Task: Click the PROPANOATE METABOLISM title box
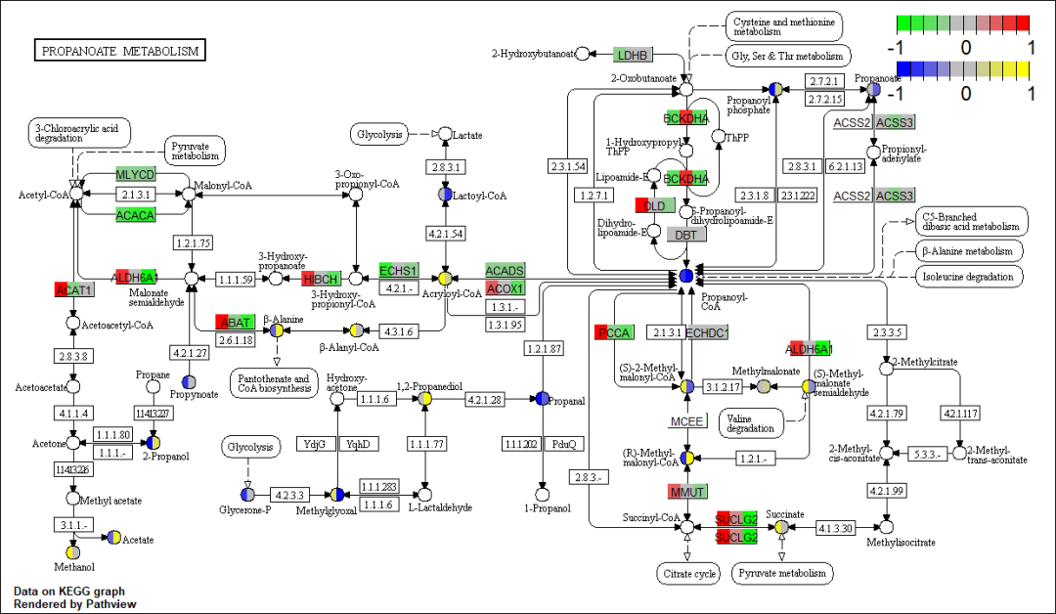[120, 51]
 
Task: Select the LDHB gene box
[633, 54]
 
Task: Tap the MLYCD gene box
[135, 174]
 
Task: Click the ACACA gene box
[135, 215]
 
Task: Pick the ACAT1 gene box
[73, 290]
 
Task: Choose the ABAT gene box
[236, 322]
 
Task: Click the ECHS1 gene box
[398, 270]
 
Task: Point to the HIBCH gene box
[321, 279]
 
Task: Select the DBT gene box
[686, 235]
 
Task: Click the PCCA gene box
[615, 332]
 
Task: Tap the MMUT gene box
[687, 490]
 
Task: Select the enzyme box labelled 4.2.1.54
[446, 234]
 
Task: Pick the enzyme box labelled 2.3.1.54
[567, 167]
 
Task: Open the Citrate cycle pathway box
[688, 573]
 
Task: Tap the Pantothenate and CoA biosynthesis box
[274, 383]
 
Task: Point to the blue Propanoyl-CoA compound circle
[686, 277]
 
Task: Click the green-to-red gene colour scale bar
[962, 22]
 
